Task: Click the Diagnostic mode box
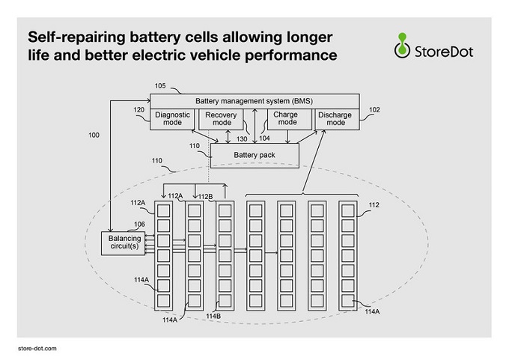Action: click(172, 119)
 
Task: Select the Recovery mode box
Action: click(221, 119)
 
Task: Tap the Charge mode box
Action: click(289, 119)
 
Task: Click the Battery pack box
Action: click(254, 156)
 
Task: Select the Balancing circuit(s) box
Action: click(124, 243)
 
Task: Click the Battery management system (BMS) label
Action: click(254, 101)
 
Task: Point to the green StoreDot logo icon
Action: click(402, 46)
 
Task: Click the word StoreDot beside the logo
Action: click(444, 52)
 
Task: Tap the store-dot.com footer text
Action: click(37, 349)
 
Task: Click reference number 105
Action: click(160, 86)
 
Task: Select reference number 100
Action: click(94, 135)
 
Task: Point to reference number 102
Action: click(374, 110)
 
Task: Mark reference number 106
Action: click(139, 225)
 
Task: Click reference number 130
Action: click(242, 139)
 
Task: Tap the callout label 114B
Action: click(213, 316)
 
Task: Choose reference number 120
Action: click(139, 110)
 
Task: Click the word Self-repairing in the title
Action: click(76, 37)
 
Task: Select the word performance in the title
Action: click(291, 55)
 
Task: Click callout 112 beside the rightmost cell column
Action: click(374, 205)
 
